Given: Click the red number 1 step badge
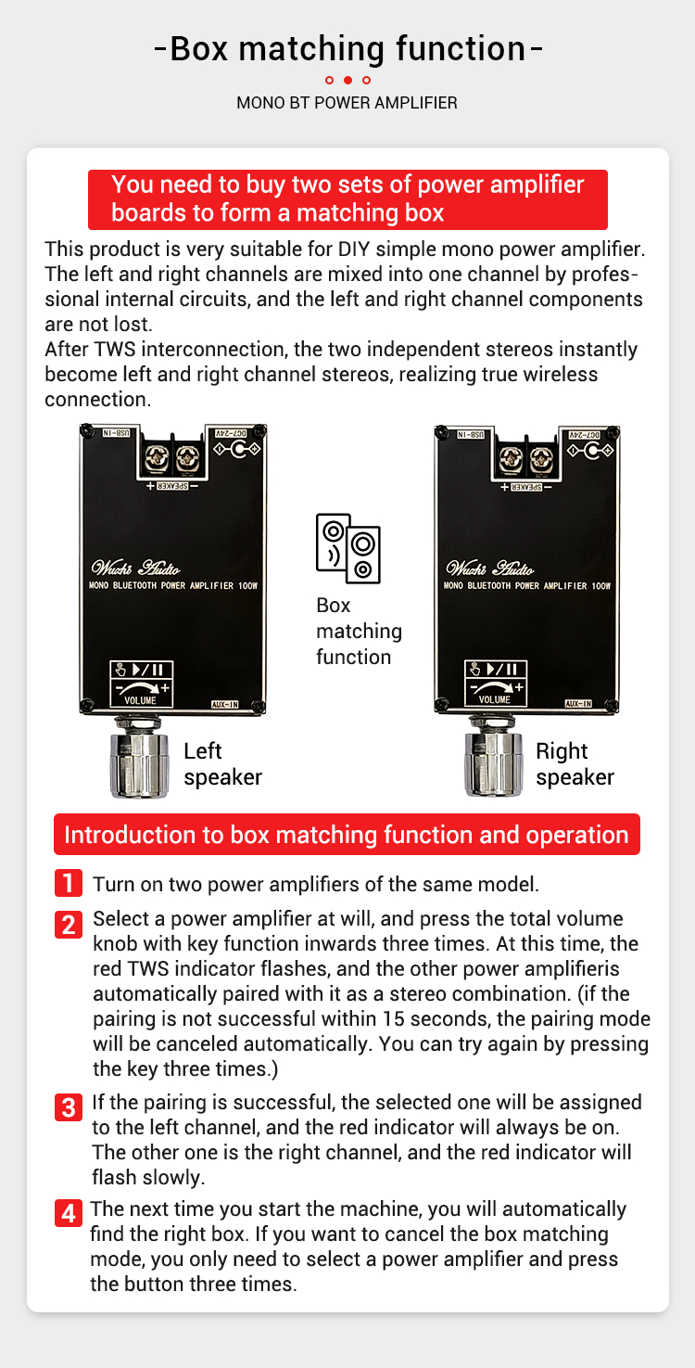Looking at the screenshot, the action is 69,883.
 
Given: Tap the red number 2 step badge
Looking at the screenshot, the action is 69,925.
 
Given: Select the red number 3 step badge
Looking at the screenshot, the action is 69,1107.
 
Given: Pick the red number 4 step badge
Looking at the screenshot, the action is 69,1213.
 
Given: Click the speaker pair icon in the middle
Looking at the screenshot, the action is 347,548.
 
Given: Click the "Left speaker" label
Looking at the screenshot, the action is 222,764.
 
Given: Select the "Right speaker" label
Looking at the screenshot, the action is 575,764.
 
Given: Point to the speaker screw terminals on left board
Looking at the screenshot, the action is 172,458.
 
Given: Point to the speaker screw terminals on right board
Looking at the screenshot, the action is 526,459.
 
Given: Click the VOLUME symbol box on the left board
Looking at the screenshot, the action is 141,684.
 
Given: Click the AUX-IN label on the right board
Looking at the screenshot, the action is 578,704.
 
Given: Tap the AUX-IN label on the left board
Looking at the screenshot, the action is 224,704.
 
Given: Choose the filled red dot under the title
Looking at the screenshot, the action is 347,80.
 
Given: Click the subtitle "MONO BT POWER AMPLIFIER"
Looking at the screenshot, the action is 347,103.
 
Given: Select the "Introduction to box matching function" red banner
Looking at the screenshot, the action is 347,834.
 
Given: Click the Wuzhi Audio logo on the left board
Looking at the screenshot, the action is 135,568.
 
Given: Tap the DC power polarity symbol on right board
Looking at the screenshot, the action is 590,451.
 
